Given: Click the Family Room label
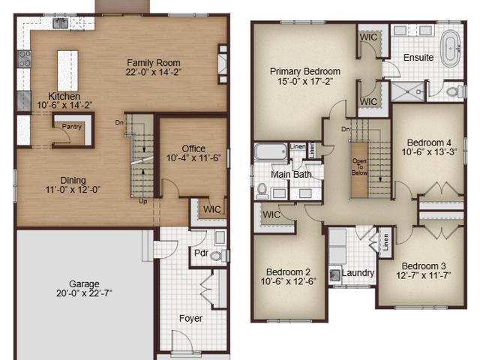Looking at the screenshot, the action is point(153,63).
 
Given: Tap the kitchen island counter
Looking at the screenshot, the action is point(67,70).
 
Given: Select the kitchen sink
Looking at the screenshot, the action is point(60,23).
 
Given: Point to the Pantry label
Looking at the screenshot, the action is point(72,127).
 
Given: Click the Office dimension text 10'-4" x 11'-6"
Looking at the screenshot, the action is point(193,158).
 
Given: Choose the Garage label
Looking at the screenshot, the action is point(84,283).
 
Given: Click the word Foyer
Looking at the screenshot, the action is point(190,318).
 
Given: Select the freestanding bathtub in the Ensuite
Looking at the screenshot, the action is point(451,50).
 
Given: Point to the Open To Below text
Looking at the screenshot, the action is point(359,166).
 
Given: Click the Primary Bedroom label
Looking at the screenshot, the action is point(305,72).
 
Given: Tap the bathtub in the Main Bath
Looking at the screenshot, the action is point(271,151).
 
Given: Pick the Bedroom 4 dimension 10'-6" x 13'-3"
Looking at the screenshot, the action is point(430,152).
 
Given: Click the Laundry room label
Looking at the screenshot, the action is point(358,273).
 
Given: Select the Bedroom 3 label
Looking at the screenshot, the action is point(424,266).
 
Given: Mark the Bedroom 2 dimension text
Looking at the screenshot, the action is point(288,281).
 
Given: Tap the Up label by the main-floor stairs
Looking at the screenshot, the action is point(142,202).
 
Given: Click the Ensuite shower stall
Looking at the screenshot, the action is point(408,91).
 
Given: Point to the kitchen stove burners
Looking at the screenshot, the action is point(24,58).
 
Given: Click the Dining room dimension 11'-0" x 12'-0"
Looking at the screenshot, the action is point(73,190).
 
